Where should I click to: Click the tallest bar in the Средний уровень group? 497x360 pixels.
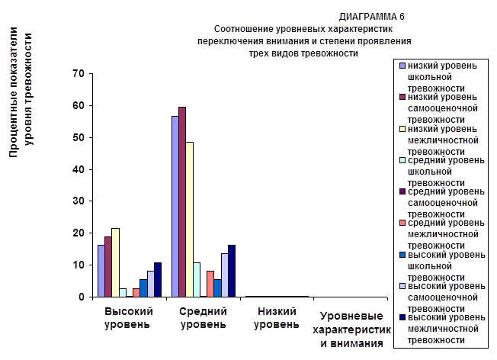(182, 201)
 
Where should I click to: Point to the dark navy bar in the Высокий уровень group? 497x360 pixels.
(158, 279)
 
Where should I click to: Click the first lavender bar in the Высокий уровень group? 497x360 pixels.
(101, 270)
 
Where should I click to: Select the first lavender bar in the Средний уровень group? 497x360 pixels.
(175, 206)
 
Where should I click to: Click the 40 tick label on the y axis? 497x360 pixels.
(76, 169)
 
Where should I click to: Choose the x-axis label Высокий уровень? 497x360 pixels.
(128, 319)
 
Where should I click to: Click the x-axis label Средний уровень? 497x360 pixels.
(202, 319)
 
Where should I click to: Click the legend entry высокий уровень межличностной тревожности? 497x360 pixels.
(440, 328)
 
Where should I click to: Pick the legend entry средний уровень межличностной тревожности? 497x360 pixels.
(440, 233)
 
